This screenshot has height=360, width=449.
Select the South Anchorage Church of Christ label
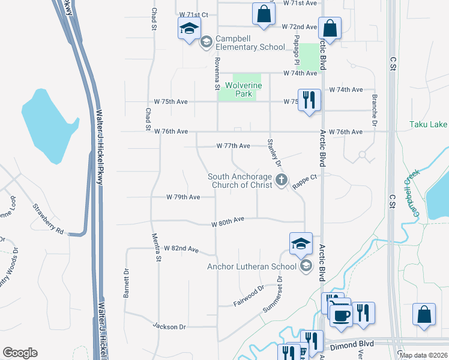coord(240,181)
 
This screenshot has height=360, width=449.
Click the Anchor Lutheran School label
coord(252,266)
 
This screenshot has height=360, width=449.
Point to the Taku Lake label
coord(428,124)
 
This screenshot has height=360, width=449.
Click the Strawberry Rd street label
coord(48,217)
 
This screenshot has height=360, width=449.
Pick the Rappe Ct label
coord(304,182)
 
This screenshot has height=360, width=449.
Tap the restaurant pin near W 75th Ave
coord(309,99)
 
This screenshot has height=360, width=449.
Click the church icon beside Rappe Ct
coord(281,180)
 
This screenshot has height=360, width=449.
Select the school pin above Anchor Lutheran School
coord(301,243)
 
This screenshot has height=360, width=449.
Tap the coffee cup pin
coord(341,315)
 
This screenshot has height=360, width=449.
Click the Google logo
coord(20,353)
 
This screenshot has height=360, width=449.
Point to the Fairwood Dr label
coord(249,296)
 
